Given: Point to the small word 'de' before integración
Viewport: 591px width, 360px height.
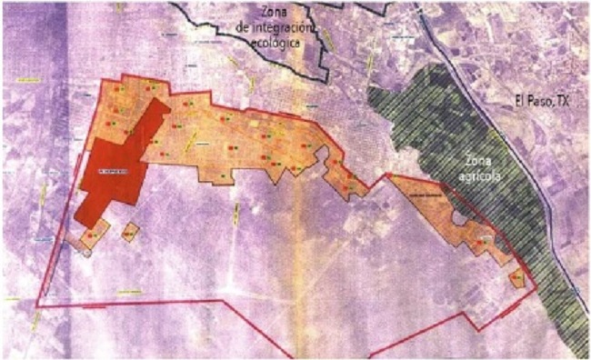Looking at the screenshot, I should pyautogui.click(x=241, y=28).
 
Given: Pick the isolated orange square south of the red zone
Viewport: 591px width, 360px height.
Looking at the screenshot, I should pyautogui.click(x=130, y=233).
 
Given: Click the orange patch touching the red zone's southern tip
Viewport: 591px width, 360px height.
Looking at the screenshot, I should pyautogui.click(x=89, y=238).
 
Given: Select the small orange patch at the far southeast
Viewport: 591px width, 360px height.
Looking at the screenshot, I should pyautogui.click(x=517, y=276).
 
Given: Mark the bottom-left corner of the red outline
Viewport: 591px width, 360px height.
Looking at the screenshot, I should pyautogui.click(x=39, y=304).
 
